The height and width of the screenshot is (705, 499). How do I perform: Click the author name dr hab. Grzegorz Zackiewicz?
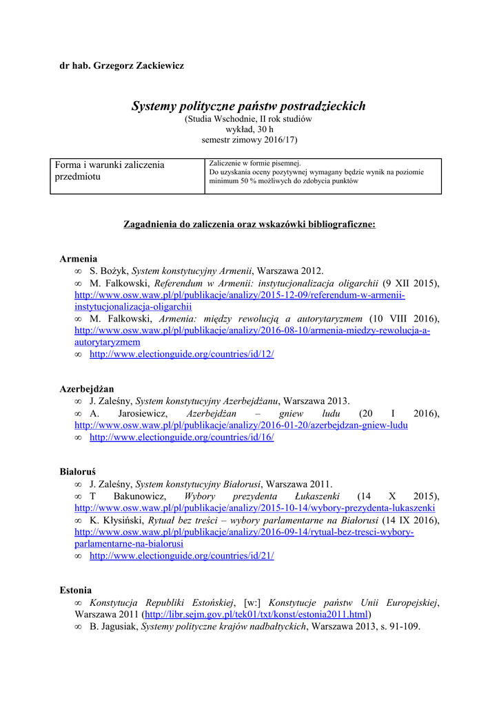click(121, 65)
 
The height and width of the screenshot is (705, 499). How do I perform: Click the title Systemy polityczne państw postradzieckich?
click(249, 106)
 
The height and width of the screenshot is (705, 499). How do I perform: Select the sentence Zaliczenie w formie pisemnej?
click(246, 163)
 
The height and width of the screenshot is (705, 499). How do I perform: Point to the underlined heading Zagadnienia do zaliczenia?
click(249, 224)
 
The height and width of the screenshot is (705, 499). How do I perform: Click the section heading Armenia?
click(78, 259)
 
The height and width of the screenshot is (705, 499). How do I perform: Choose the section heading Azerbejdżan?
click(87, 388)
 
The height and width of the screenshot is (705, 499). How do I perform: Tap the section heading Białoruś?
click(77, 472)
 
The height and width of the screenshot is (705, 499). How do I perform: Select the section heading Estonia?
click(75, 590)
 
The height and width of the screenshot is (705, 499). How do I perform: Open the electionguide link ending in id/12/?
click(182, 354)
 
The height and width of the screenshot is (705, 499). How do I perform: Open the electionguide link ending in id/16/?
click(182, 437)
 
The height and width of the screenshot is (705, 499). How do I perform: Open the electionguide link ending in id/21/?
click(182, 556)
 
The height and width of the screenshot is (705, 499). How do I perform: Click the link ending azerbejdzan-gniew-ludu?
click(241, 425)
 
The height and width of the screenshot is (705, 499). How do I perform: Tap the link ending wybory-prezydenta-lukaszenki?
click(254, 508)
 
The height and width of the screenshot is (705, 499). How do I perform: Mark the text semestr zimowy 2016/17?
click(248, 139)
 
